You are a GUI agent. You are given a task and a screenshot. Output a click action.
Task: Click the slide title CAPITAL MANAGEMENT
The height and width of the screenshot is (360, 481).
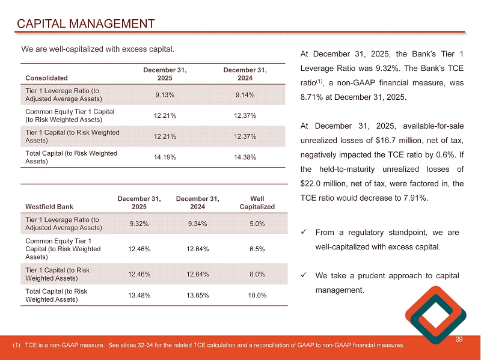[x=85, y=24]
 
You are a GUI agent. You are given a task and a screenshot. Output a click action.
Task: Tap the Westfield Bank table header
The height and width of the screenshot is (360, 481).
[x=49, y=207]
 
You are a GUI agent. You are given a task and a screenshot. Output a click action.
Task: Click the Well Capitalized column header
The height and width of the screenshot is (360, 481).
[x=257, y=203]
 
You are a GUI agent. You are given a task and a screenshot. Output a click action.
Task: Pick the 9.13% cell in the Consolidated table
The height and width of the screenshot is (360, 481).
[x=165, y=94]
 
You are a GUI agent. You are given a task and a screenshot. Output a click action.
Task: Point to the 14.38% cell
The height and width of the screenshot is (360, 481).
[x=245, y=157]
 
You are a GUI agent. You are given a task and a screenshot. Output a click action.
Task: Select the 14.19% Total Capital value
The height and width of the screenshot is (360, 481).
[x=165, y=157]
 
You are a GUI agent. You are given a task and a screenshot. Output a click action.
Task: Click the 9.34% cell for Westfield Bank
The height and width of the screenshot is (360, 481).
[x=198, y=224]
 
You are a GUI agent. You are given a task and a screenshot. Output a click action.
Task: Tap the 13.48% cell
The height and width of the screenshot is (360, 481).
[x=139, y=295]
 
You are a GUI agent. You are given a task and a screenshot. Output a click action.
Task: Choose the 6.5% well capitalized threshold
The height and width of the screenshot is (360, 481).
[x=257, y=247]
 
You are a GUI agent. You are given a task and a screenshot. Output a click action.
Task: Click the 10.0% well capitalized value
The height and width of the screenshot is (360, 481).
[x=257, y=295]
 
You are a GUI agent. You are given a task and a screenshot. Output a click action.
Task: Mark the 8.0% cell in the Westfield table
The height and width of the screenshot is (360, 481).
[x=257, y=274]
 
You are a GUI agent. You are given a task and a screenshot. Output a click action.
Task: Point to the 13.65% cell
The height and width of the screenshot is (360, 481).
[x=198, y=295]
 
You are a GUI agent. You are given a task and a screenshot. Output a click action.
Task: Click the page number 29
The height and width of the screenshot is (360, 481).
[x=460, y=341]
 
